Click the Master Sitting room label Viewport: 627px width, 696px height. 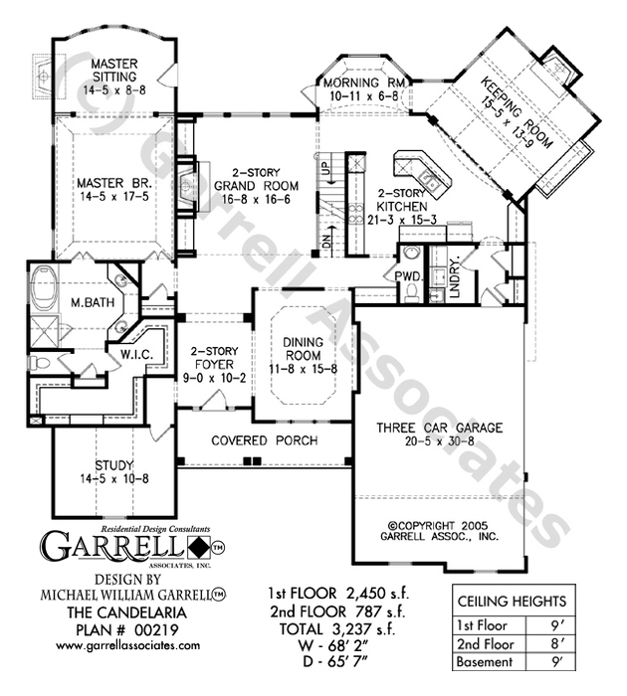point(114,71)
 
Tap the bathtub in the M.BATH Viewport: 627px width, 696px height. point(45,288)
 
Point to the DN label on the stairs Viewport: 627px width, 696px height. point(327,241)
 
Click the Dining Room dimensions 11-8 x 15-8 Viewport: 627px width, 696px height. point(303,369)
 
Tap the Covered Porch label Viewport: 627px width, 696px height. point(265,440)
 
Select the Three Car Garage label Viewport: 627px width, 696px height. point(440,428)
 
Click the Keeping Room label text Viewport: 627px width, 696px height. point(518,111)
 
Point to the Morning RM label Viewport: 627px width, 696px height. point(364,83)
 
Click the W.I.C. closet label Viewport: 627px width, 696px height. point(137,355)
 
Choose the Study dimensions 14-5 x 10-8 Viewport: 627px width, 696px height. point(114,478)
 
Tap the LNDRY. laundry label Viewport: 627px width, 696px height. point(454,275)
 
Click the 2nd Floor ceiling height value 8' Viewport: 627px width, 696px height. point(555,643)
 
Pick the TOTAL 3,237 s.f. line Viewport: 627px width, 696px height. point(336,628)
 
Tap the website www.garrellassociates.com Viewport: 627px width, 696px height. point(128,645)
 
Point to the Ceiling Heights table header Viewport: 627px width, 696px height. point(512,602)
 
